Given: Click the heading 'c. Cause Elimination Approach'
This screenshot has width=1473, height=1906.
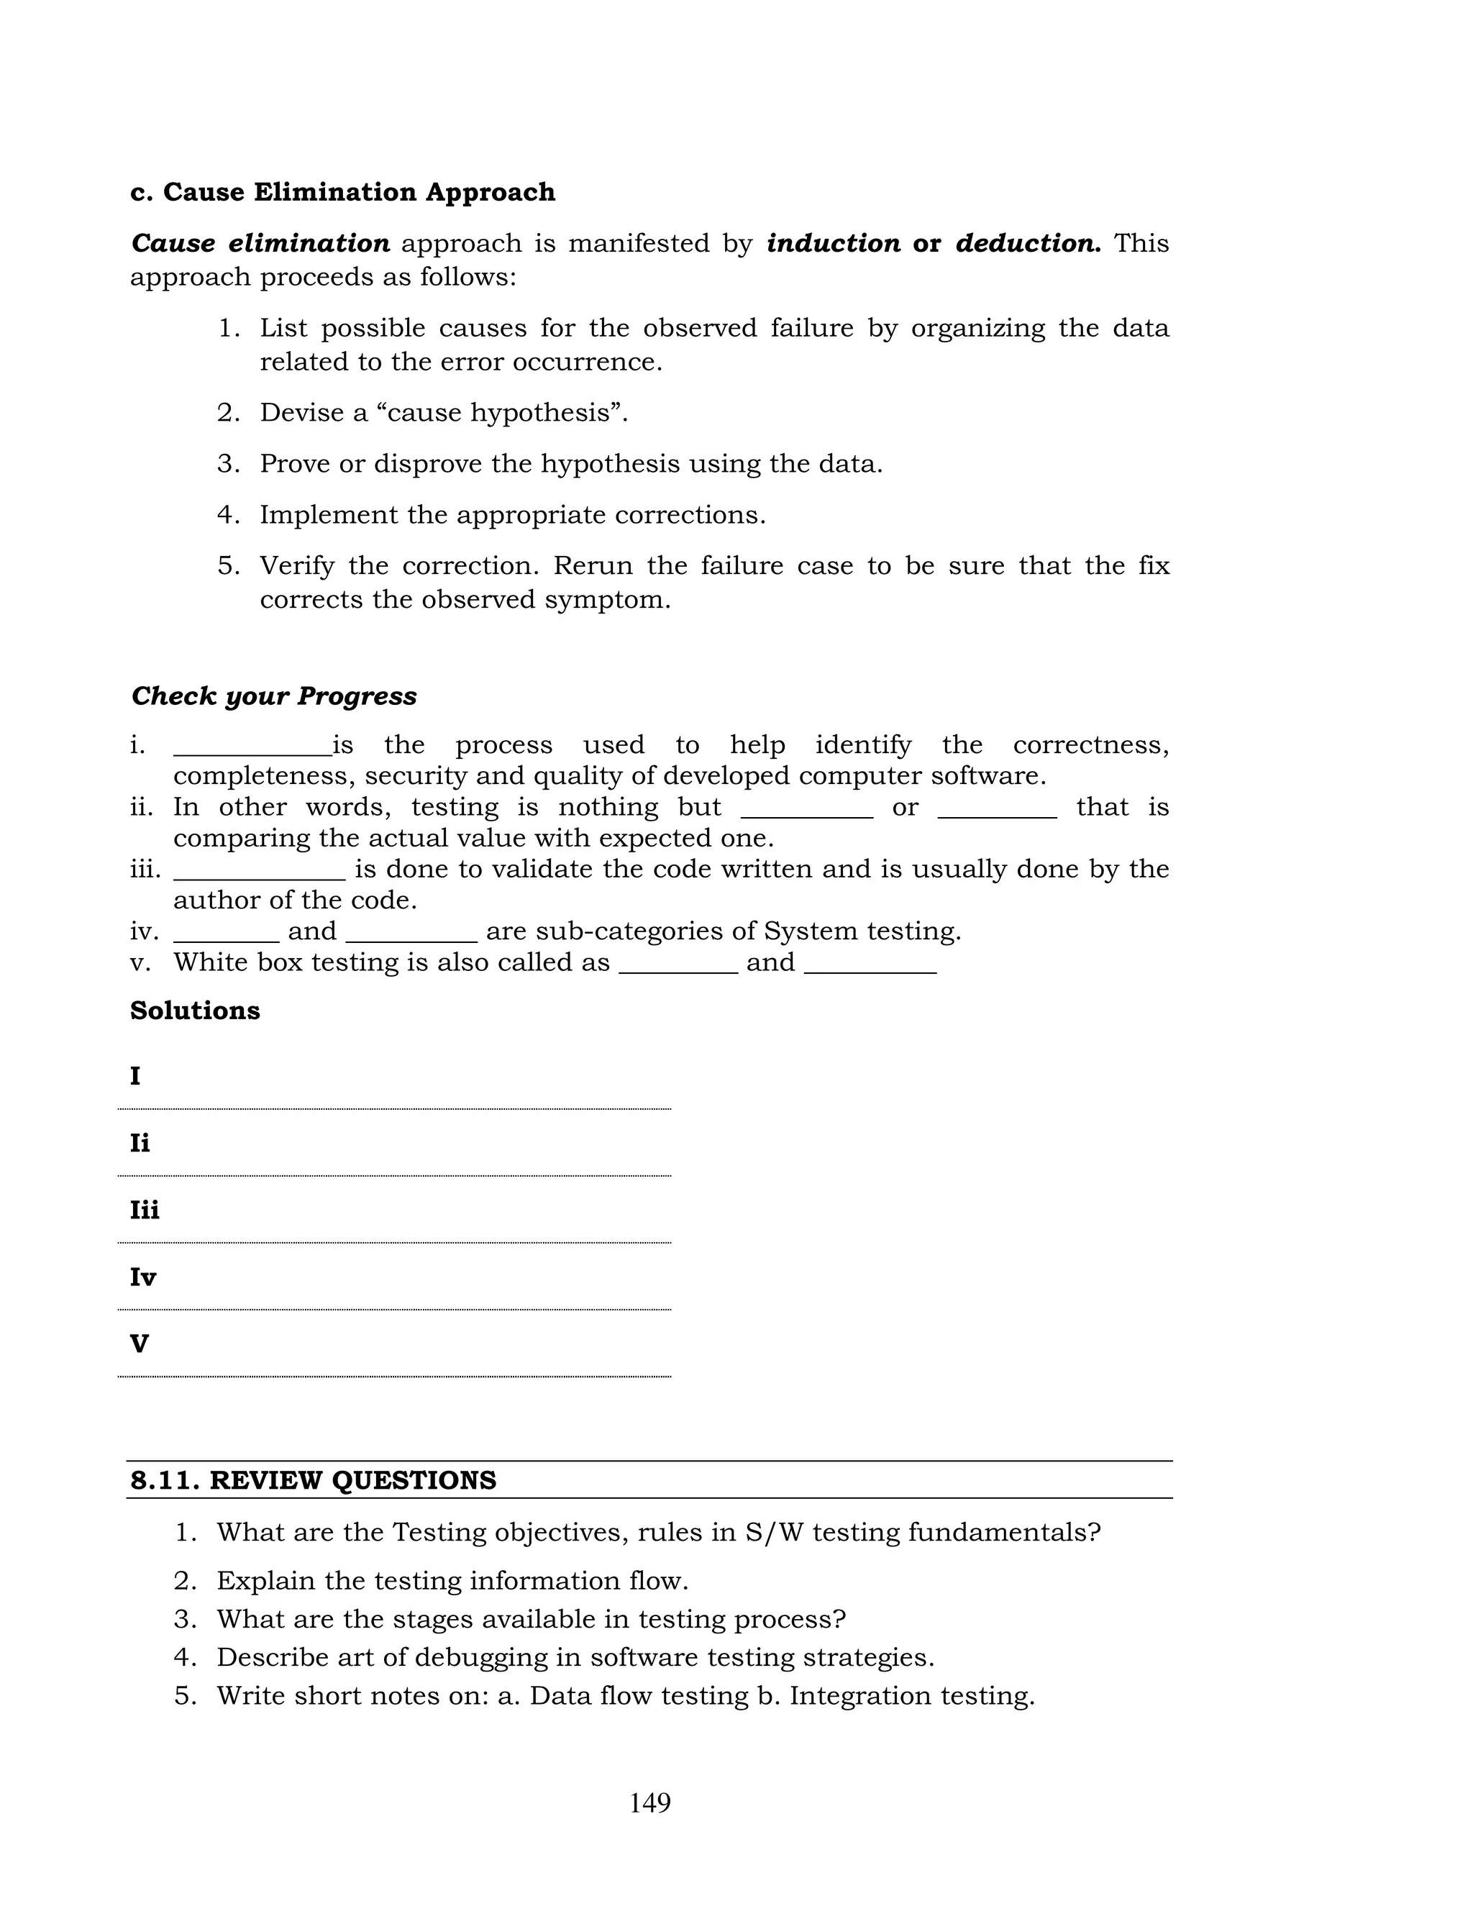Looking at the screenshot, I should pos(342,192).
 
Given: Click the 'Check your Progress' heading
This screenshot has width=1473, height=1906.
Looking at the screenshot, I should pos(273,696).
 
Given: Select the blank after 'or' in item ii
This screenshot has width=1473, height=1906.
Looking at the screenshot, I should pos(997,814).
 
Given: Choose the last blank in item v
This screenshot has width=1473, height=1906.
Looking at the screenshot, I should pos(870,970).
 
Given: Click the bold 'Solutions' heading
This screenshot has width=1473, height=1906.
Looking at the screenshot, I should pos(195,1011).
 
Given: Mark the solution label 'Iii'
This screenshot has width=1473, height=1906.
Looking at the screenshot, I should pos(144,1210).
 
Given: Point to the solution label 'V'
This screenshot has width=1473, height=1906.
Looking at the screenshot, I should pos(139,1344).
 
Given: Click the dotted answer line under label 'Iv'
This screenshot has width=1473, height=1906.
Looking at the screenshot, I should pos(394,1309).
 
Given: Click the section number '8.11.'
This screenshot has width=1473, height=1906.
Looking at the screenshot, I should pos(166,1481).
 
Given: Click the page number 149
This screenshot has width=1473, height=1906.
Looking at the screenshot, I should pos(649,1803).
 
